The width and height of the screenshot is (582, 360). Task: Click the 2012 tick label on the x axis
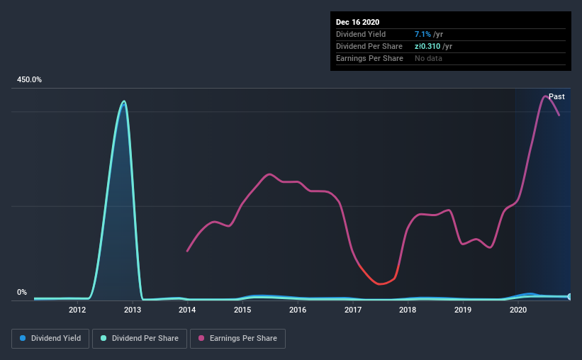tap(77, 310)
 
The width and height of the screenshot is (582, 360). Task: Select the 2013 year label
tap(133, 310)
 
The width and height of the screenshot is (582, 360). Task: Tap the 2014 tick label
tap(187, 310)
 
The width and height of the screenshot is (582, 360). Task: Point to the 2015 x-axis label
tap(242, 310)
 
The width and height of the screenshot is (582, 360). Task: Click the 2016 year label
tap(298, 310)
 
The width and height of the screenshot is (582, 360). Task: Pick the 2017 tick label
tap(353, 310)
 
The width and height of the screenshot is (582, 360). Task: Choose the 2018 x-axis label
tap(408, 310)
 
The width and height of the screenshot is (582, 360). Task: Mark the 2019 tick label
tap(463, 310)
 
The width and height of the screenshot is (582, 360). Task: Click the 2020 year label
tap(518, 310)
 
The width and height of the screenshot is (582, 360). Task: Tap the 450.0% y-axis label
tap(29, 80)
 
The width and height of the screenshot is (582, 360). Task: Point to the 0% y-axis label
tap(22, 292)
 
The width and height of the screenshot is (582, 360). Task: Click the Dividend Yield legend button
tap(50, 339)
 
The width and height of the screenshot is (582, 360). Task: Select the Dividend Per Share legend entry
tap(140, 339)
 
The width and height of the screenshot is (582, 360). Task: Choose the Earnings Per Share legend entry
tap(237, 339)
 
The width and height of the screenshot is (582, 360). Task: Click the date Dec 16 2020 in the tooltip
tap(357, 22)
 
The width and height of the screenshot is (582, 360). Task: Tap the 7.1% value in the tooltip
tap(422, 34)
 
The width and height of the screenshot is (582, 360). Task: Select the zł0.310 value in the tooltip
tap(427, 46)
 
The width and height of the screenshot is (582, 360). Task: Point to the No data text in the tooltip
tap(428, 58)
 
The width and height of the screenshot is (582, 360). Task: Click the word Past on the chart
tap(556, 96)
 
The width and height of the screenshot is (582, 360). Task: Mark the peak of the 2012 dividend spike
tap(124, 101)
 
